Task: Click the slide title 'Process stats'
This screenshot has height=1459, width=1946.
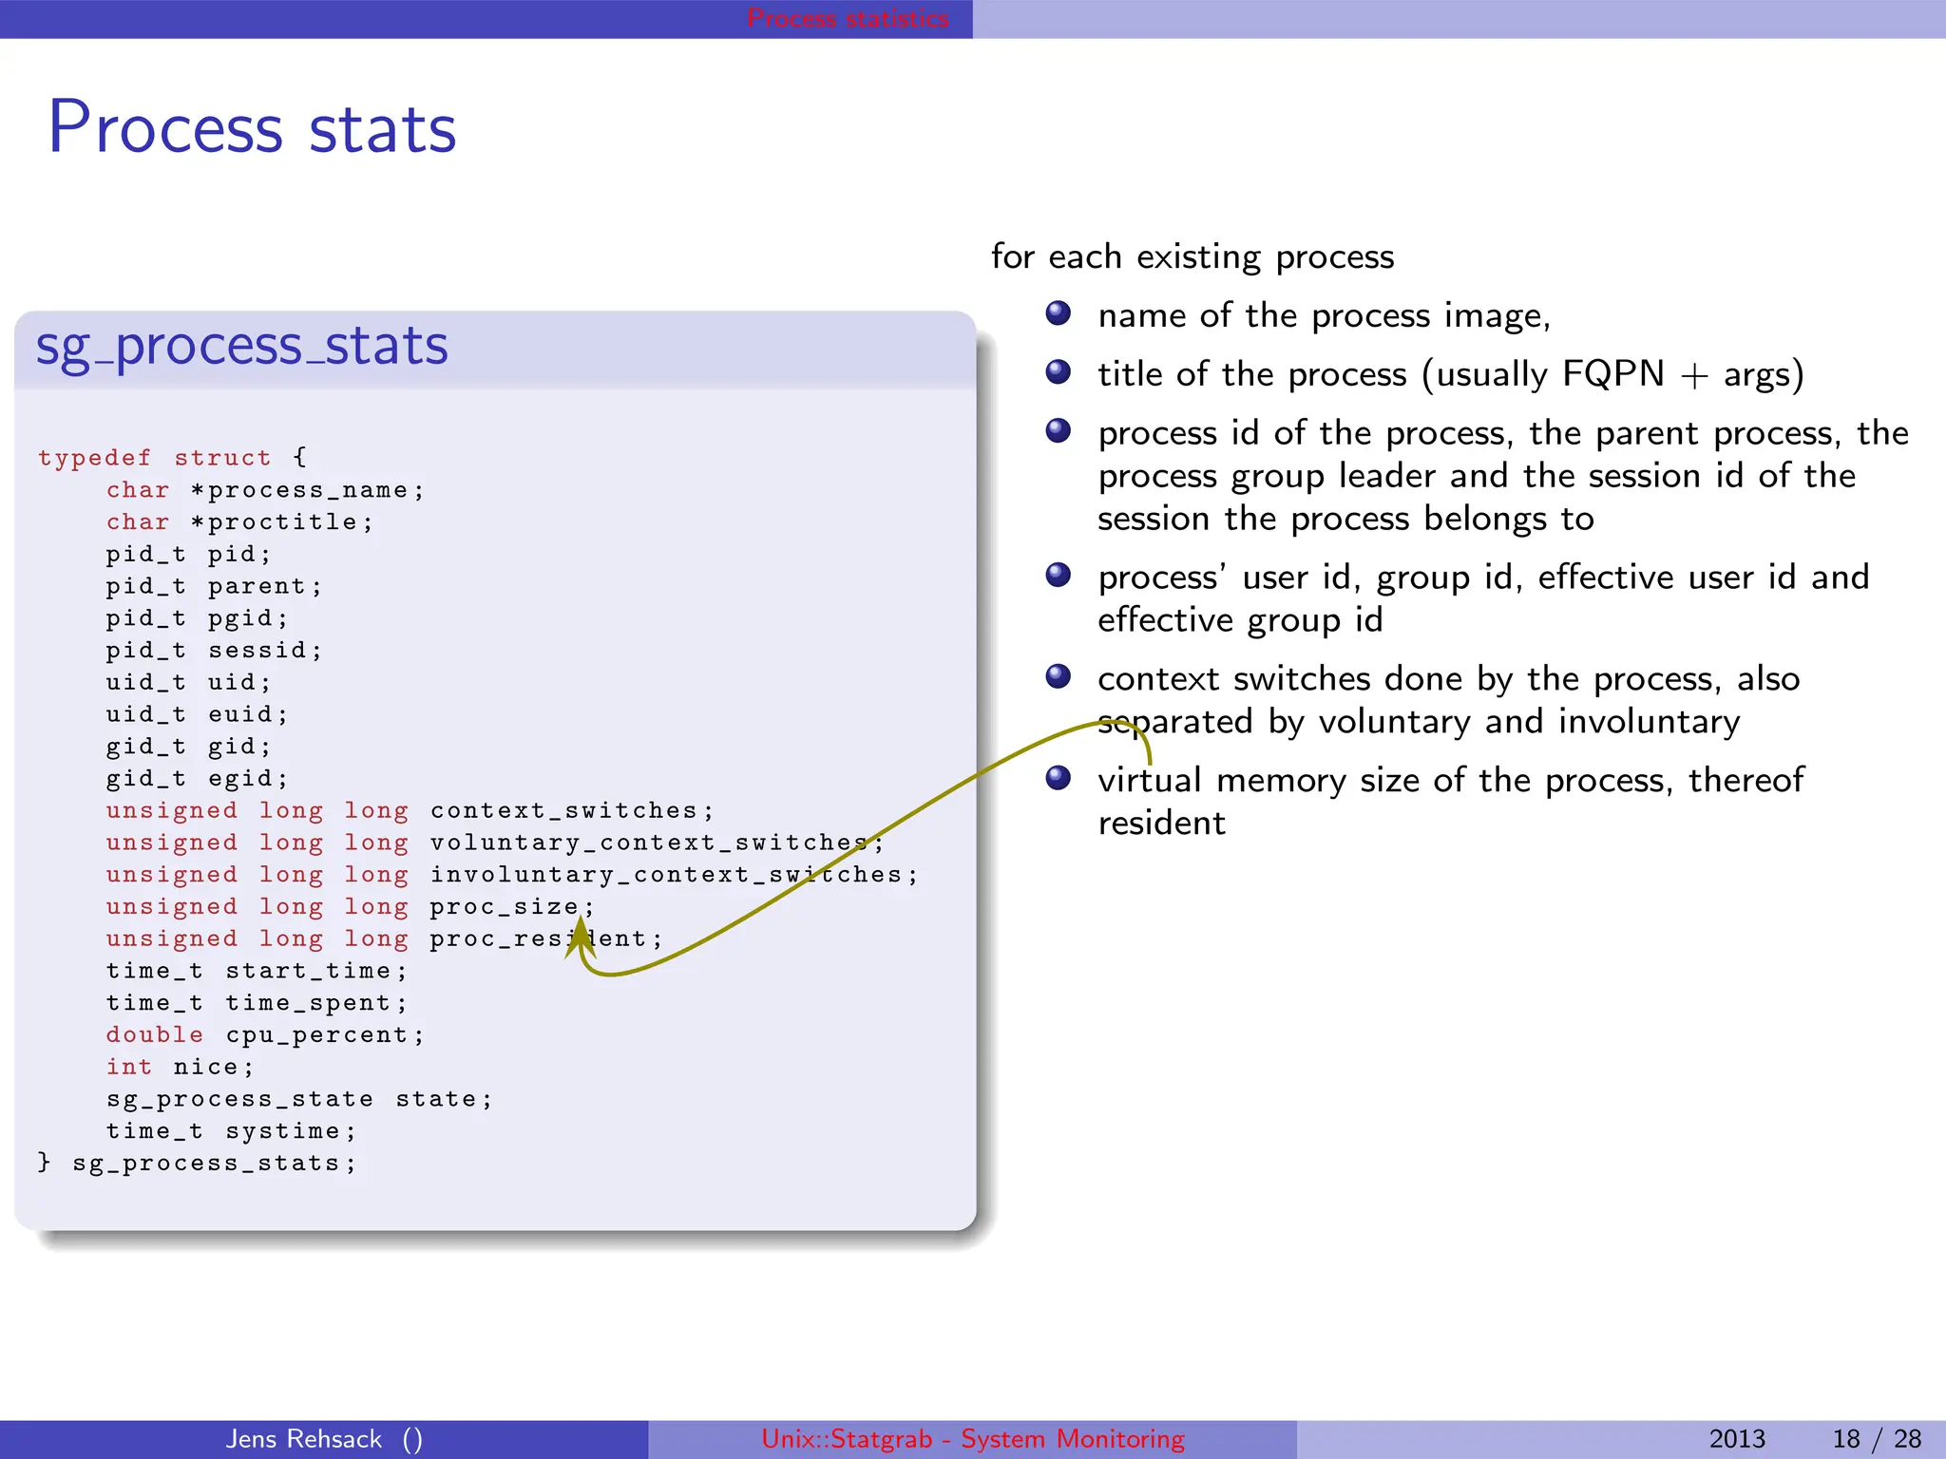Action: coord(252,128)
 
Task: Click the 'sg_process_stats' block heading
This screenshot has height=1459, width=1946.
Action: coord(241,346)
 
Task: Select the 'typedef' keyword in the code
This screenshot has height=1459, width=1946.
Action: coord(94,458)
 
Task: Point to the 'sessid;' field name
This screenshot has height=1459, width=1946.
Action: coord(265,651)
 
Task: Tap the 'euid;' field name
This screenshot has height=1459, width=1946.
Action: coord(247,714)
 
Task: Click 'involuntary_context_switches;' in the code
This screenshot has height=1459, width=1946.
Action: coord(674,875)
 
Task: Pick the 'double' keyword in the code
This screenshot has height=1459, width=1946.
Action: coord(154,1035)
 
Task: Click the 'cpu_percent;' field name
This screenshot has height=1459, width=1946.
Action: coord(324,1035)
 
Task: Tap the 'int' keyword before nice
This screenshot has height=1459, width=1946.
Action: coord(128,1068)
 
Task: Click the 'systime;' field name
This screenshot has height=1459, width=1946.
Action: coord(290,1132)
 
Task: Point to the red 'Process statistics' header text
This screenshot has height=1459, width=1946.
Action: coord(848,18)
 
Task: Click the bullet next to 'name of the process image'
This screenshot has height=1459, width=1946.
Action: coord(1058,313)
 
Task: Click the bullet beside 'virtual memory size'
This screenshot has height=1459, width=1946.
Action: coord(1058,779)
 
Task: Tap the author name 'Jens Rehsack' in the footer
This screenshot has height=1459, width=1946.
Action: coord(304,1439)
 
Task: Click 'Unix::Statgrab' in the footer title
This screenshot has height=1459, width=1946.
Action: coord(847,1439)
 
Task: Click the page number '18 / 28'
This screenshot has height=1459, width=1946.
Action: coord(1876,1439)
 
